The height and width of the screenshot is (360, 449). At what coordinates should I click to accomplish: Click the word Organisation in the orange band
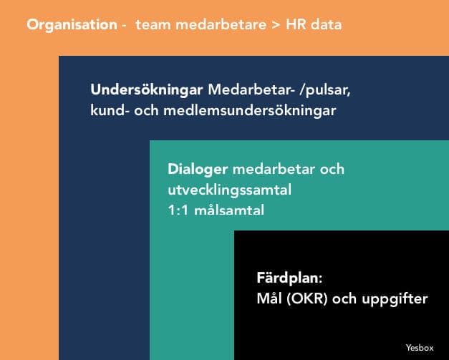tap(72, 25)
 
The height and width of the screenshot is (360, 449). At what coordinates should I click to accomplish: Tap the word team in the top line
tap(153, 24)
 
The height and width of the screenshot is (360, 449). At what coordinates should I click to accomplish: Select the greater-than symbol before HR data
tap(276, 25)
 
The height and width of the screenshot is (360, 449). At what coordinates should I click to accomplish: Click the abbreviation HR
tap(296, 24)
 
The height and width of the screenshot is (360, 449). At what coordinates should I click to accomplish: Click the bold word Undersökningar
tap(147, 90)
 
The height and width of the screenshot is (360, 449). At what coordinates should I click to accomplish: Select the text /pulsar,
tap(324, 91)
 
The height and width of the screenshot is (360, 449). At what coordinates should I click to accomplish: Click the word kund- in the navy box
tap(107, 110)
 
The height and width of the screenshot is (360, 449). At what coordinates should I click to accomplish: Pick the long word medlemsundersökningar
tap(249, 111)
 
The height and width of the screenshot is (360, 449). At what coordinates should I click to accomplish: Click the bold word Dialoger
tap(198, 170)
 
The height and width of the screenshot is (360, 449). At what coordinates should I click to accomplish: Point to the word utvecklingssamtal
tap(230, 190)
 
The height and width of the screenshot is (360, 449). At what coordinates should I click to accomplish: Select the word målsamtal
tap(229, 210)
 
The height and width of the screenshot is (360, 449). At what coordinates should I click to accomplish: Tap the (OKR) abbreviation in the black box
tap(307, 298)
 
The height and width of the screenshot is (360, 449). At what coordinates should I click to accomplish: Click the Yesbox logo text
tap(420, 348)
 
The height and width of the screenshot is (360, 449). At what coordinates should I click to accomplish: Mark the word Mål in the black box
tap(269, 298)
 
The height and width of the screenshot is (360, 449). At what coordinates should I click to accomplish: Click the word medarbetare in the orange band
tap(221, 24)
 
